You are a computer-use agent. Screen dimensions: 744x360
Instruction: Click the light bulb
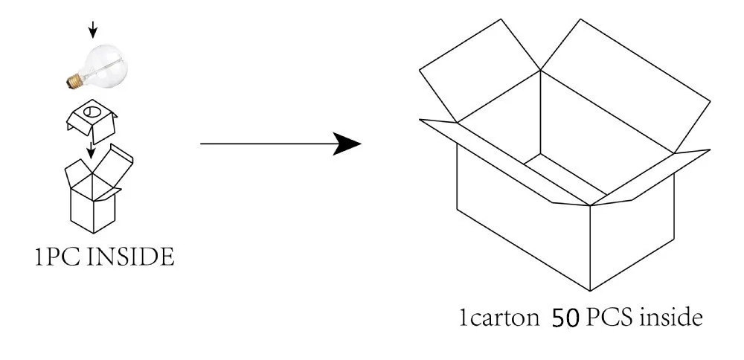(x=101, y=63)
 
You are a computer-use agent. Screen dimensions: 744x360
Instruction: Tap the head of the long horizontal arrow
(x=348, y=144)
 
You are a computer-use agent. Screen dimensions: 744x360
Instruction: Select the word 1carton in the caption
(x=498, y=320)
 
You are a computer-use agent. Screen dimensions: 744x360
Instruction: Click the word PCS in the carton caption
(x=608, y=320)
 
